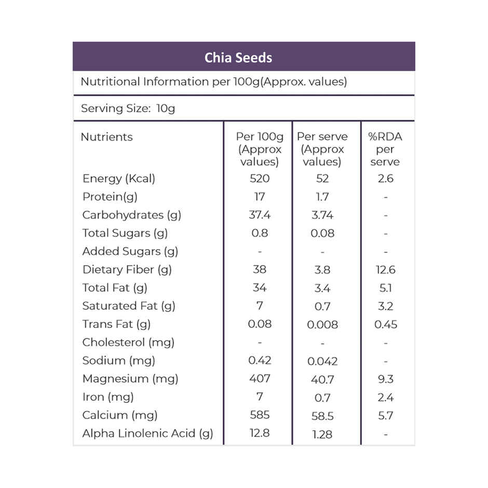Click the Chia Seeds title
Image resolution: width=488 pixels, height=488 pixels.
(x=238, y=58)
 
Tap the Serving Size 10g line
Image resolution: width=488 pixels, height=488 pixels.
(x=128, y=109)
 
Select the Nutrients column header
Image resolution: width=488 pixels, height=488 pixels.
(x=106, y=137)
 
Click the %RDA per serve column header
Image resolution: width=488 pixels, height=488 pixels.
(x=385, y=149)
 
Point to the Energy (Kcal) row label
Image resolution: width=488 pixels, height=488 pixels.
(x=118, y=179)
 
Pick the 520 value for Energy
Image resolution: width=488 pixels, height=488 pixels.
(x=260, y=179)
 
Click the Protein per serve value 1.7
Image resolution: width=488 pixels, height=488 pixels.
(x=322, y=197)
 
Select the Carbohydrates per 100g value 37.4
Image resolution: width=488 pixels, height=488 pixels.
(x=260, y=215)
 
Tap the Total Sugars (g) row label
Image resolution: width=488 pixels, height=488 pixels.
(x=125, y=233)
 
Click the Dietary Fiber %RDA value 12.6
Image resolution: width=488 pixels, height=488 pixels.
(x=385, y=269)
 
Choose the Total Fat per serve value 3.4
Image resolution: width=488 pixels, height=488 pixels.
(x=322, y=288)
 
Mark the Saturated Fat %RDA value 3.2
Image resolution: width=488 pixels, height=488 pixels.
(x=385, y=306)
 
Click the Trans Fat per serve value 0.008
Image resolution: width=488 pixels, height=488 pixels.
(x=322, y=324)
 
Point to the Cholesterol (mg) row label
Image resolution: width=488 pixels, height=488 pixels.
(x=128, y=342)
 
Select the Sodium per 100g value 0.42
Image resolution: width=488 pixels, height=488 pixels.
(x=260, y=360)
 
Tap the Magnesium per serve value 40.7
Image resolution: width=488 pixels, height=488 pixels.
(x=322, y=379)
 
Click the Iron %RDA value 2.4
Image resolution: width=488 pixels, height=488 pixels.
(x=385, y=398)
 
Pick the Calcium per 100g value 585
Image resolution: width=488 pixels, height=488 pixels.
(x=260, y=415)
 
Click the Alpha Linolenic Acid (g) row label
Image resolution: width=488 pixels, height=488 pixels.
(x=147, y=433)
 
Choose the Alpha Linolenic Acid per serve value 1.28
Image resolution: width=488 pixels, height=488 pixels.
(x=322, y=435)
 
